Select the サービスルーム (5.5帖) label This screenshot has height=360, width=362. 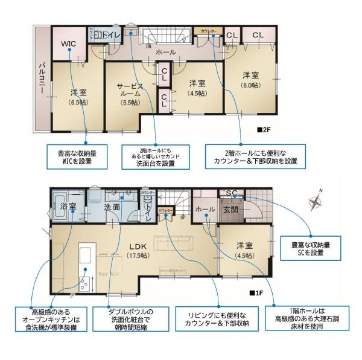(x=129, y=94)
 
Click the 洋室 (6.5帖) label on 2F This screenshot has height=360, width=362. (x=78, y=97)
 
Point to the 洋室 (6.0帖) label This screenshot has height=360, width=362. (x=251, y=80)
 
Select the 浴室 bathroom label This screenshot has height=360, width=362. (x=68, y=207)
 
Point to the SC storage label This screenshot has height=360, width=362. (x=231, y=193)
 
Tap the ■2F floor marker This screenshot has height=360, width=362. (x=263, y=129)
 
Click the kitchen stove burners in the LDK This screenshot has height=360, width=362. (x=84, y=282)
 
